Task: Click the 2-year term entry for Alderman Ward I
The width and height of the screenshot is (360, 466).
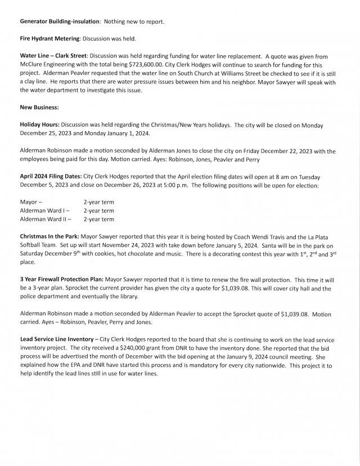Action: pyautogui.click(x=99, y=210)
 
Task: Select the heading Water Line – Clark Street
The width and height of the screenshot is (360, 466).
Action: pyautogui.click(x=53, y=57)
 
